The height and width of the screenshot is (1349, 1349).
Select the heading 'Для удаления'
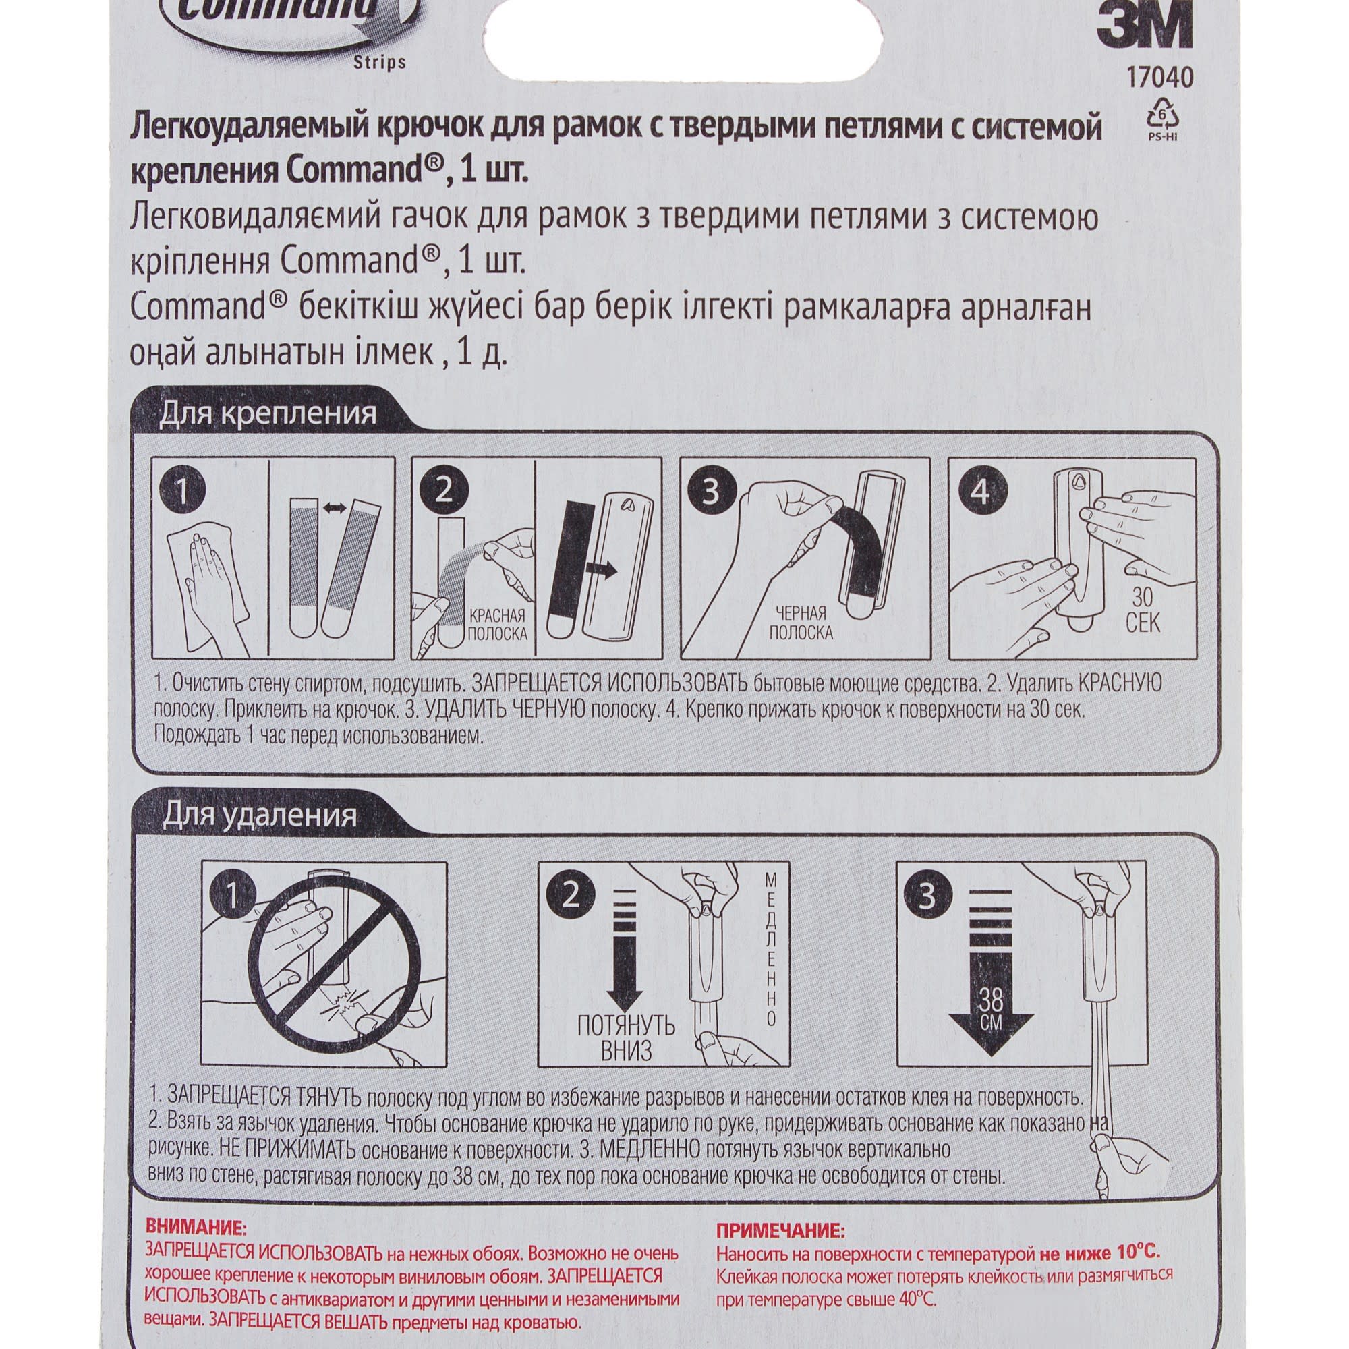pyautogui.click(x=260, y=815)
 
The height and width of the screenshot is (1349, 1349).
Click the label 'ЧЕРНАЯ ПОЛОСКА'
pyautogui.click(x=805, y=623)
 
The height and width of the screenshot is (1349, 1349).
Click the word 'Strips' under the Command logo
pyautogui.click(x=382, y=63)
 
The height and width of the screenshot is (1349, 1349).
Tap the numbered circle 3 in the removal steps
pyautogui.click(x=927, y=896)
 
